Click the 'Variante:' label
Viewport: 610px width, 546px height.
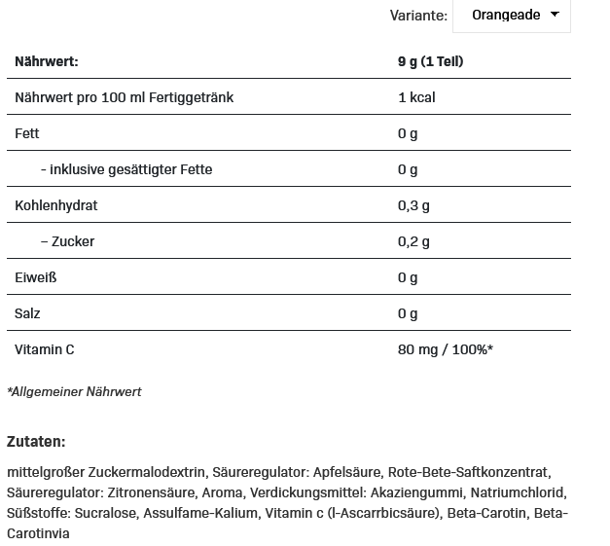coord(418,16)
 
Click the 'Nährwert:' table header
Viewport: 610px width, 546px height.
coord(46,61)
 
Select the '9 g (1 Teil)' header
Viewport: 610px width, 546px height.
coord(430,61)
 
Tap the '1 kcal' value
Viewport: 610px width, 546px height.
coord(415,97)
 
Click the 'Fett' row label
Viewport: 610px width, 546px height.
coord(27,133)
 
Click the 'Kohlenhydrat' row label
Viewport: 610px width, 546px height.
coord(56,205)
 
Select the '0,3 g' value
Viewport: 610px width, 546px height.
coord(413,205)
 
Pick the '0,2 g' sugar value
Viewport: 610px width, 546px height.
coord(413,241)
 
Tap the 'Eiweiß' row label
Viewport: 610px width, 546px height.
coord(35,277)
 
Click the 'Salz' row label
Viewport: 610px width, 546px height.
coord(27,313)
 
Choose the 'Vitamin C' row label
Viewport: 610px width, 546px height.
coord(45,349)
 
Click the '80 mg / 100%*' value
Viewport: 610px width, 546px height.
coord(445,349)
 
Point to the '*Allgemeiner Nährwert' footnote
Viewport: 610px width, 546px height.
coord(74,391)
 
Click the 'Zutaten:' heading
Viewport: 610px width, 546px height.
coord(36,441)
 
